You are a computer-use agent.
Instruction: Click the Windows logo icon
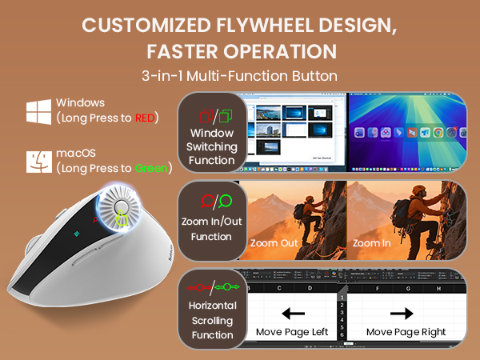(x=38, y=110)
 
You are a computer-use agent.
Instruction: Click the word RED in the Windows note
(x=145, y=118)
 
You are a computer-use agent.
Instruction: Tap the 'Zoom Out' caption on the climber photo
(x=274, y=242)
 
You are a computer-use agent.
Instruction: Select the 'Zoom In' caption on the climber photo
(x=372, y=242)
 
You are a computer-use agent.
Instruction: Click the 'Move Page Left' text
(x=292, y=330)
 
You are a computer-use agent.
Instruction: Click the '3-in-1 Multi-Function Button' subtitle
(x=240, y=78)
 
